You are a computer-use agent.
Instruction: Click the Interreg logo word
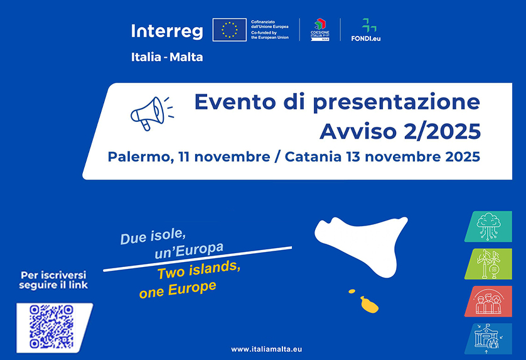point(168,31)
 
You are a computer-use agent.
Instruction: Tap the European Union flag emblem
point(229,30)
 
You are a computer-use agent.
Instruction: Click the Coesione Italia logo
point(320,30)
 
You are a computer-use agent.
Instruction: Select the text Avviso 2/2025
point(400,131)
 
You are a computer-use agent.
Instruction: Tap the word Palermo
point(138,156)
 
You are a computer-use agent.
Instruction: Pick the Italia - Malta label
point(167,57)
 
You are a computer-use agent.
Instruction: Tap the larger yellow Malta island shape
point(368,305)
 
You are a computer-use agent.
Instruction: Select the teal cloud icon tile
point(488,227)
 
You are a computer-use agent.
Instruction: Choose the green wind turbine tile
point(488,264)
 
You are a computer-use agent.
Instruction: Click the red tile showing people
point(488,302)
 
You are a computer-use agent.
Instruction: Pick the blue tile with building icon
point(488,339)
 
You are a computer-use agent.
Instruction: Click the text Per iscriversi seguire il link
point(54,280)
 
